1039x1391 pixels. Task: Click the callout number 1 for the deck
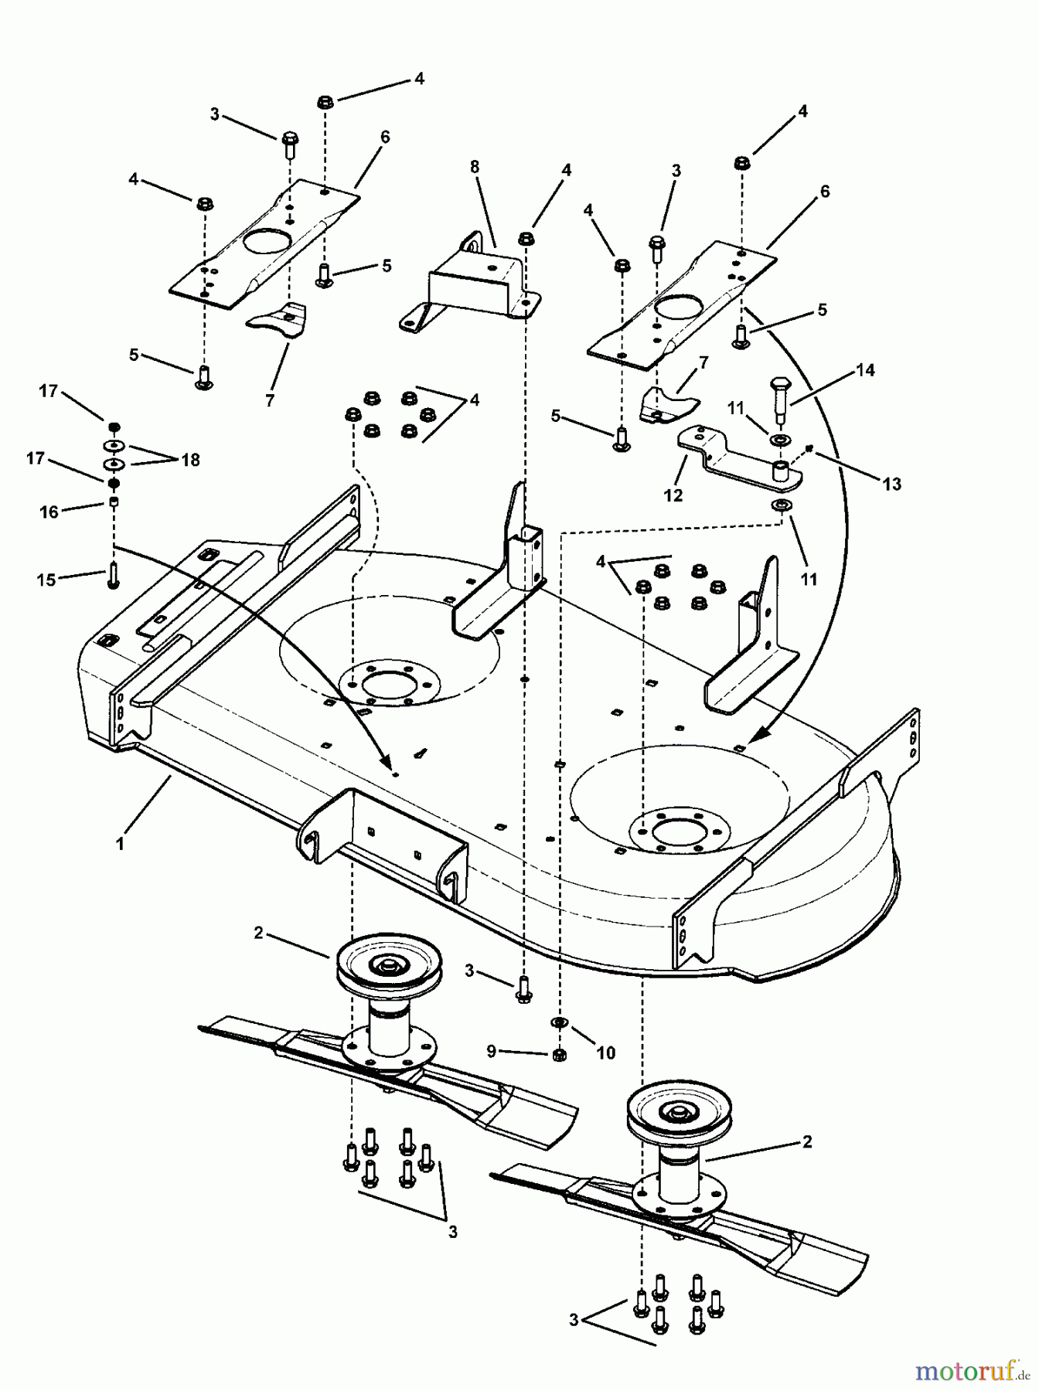point(120,845)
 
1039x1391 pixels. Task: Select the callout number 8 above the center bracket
point(475,167)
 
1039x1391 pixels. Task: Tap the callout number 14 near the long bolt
point(866,370)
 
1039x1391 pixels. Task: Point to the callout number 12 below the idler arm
point(673,495)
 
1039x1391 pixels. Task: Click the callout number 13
point(891,484)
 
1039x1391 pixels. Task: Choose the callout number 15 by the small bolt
point(46,579)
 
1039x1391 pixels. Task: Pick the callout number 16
point(49,512)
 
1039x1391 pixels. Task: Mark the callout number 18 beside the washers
point(190,460)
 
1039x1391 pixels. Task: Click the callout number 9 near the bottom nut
point(490,1052)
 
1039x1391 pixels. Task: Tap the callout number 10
point(605,1053)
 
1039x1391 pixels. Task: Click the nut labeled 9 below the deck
point(559,1055)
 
